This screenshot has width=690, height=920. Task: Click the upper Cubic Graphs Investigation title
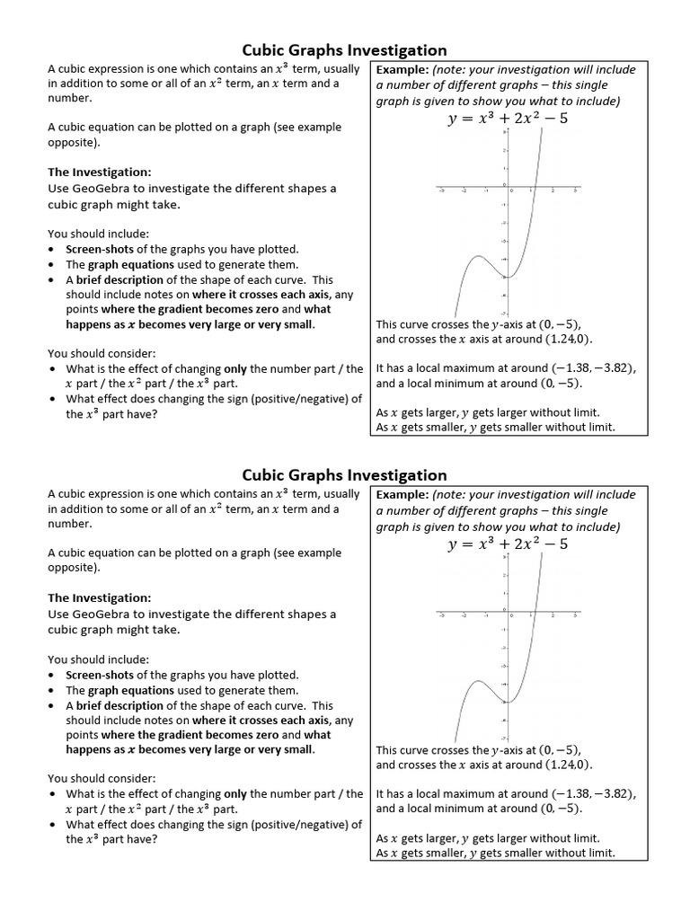tap(344, 50)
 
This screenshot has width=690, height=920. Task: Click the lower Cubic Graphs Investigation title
tap(344, 475)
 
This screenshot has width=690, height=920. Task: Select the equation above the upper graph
tap(508, 119)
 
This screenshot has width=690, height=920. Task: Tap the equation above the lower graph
tap(508, 544)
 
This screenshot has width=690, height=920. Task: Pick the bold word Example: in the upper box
tap(402, 69)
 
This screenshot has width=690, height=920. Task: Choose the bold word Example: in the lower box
tap(402, 495)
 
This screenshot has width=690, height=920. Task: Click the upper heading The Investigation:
tap(99, 172)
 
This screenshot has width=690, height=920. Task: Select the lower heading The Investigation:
tap(99, 597)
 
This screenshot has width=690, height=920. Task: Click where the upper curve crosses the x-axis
tap(534, 190)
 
